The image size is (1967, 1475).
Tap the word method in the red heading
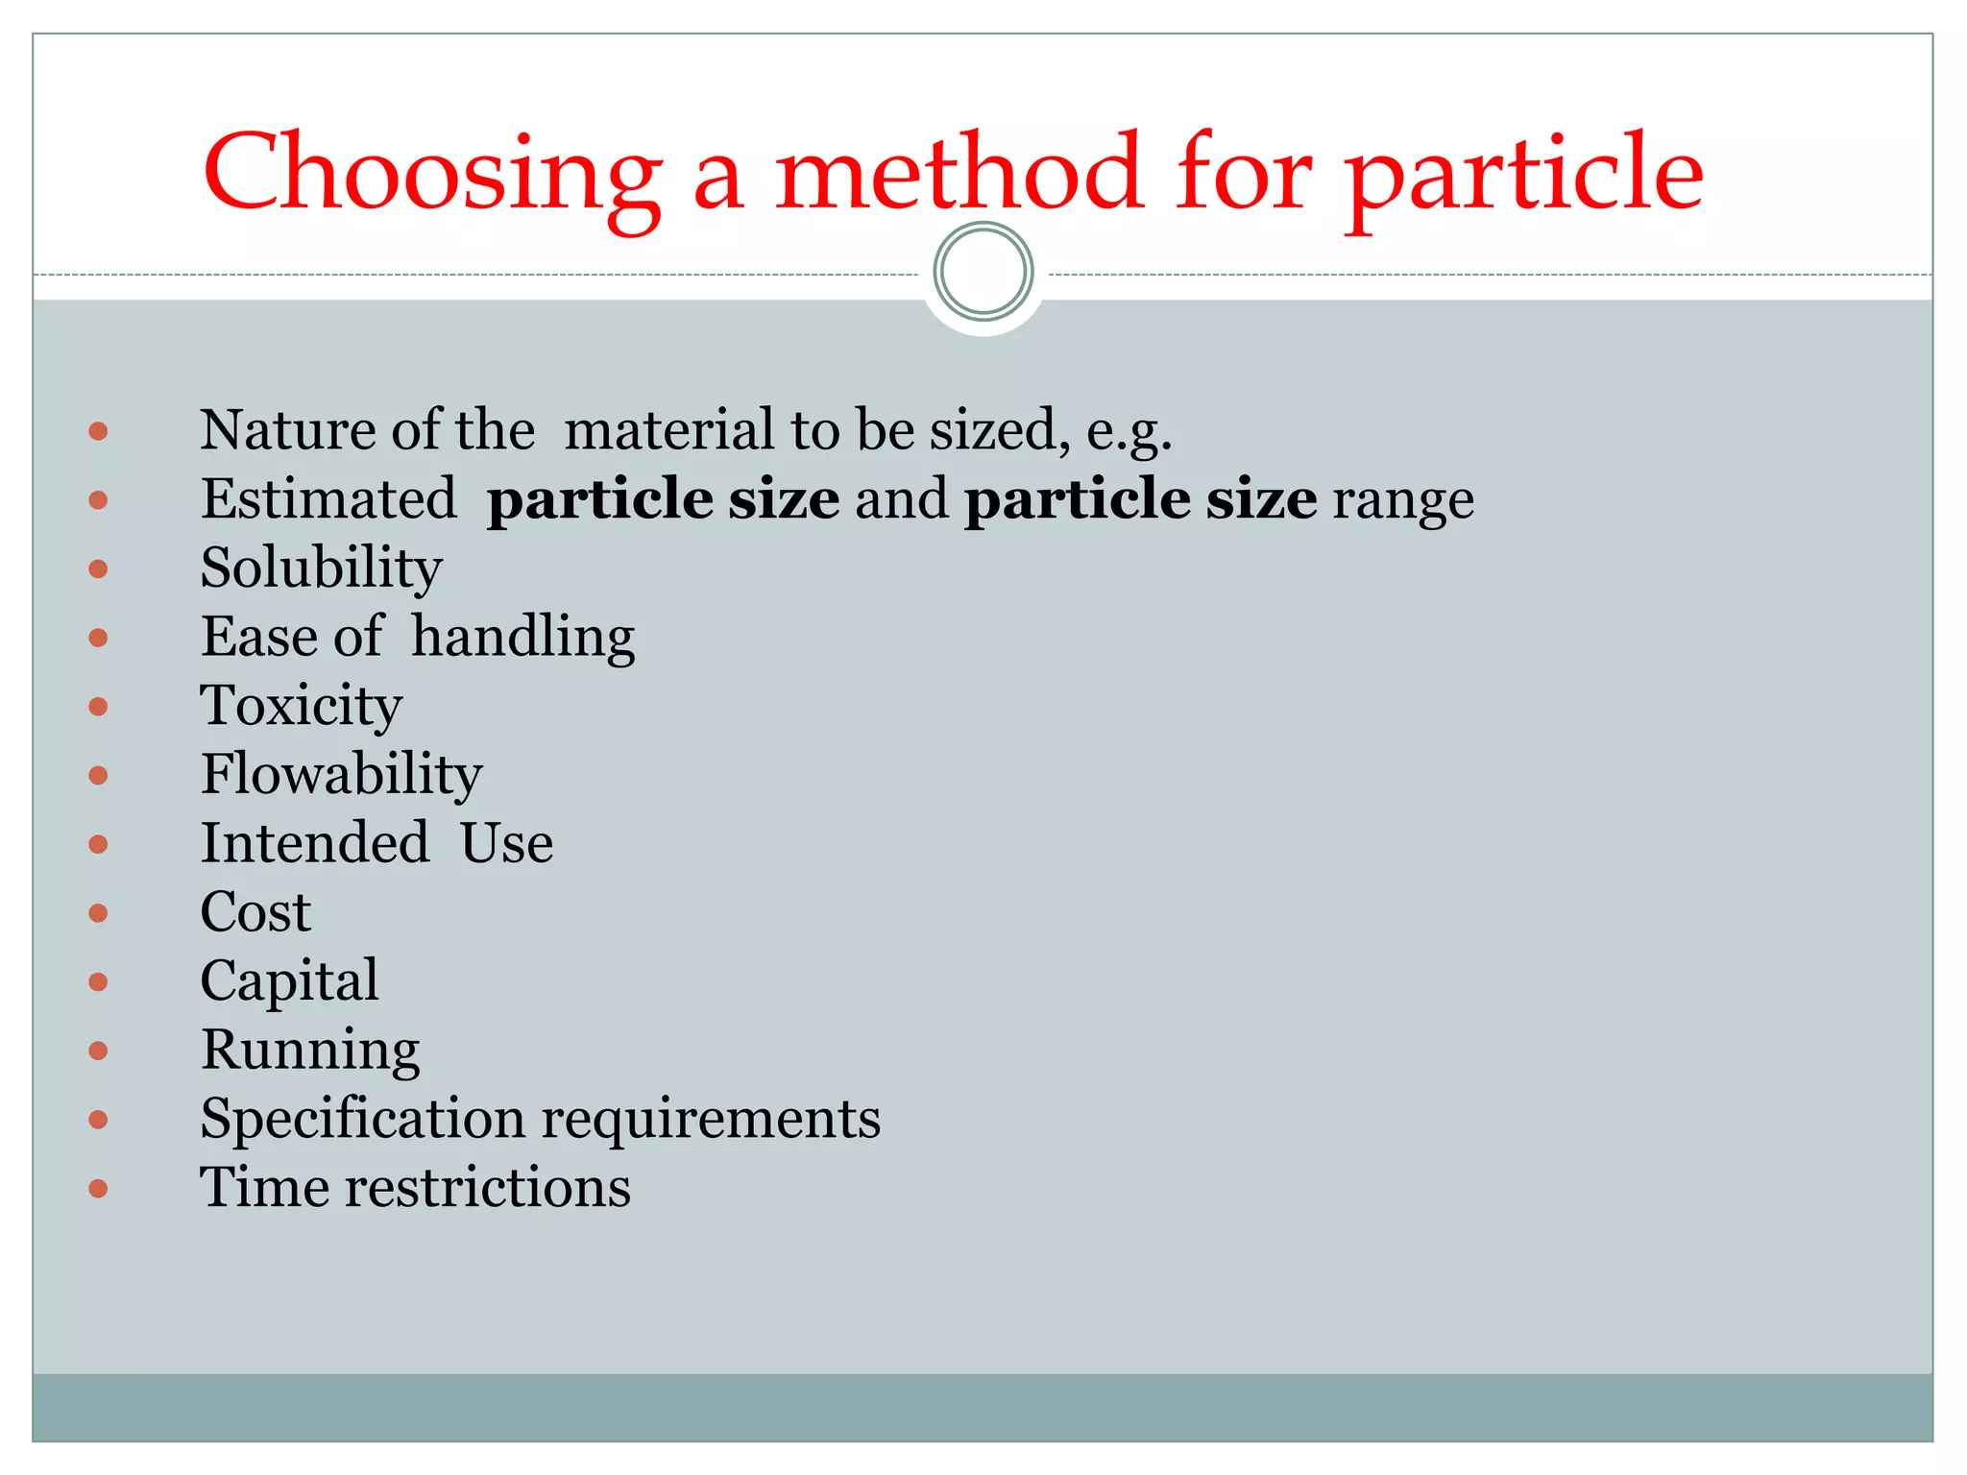coord(959,173)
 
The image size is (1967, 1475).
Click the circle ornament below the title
coord(983,272)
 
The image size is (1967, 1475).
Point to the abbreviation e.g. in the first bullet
coord(1129,431)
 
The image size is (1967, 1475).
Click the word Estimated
coord(328,499)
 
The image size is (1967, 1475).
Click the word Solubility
coord(321,568)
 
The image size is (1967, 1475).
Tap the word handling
coord(523,638)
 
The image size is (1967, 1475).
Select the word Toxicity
coord(301,707)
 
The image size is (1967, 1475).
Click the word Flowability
coord(341,775)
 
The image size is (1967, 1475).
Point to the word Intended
coord(315,843)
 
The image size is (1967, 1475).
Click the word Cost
coord(255,912)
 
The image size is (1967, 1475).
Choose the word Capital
coord(289,981)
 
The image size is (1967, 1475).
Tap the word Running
coord(310,1051)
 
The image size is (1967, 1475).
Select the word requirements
coord(711,1120)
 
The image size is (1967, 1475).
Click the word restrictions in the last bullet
coord(488,1188)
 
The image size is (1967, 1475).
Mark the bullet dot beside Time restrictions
coord(98,1189)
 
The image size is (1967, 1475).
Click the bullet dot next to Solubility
coord(98,569)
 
